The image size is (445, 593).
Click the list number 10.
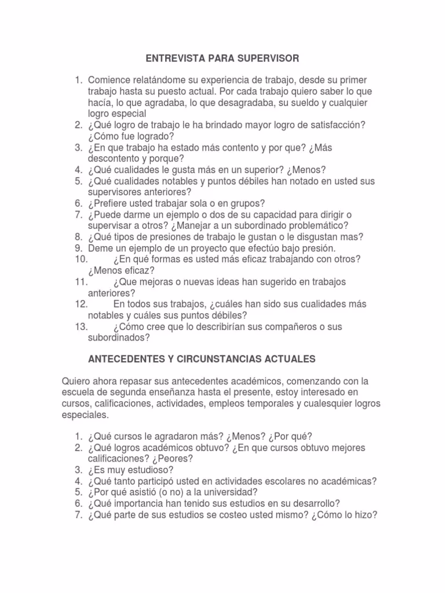tap(81, 259)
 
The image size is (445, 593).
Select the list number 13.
tap(81, 327)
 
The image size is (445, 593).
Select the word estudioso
tap(148, 470)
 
